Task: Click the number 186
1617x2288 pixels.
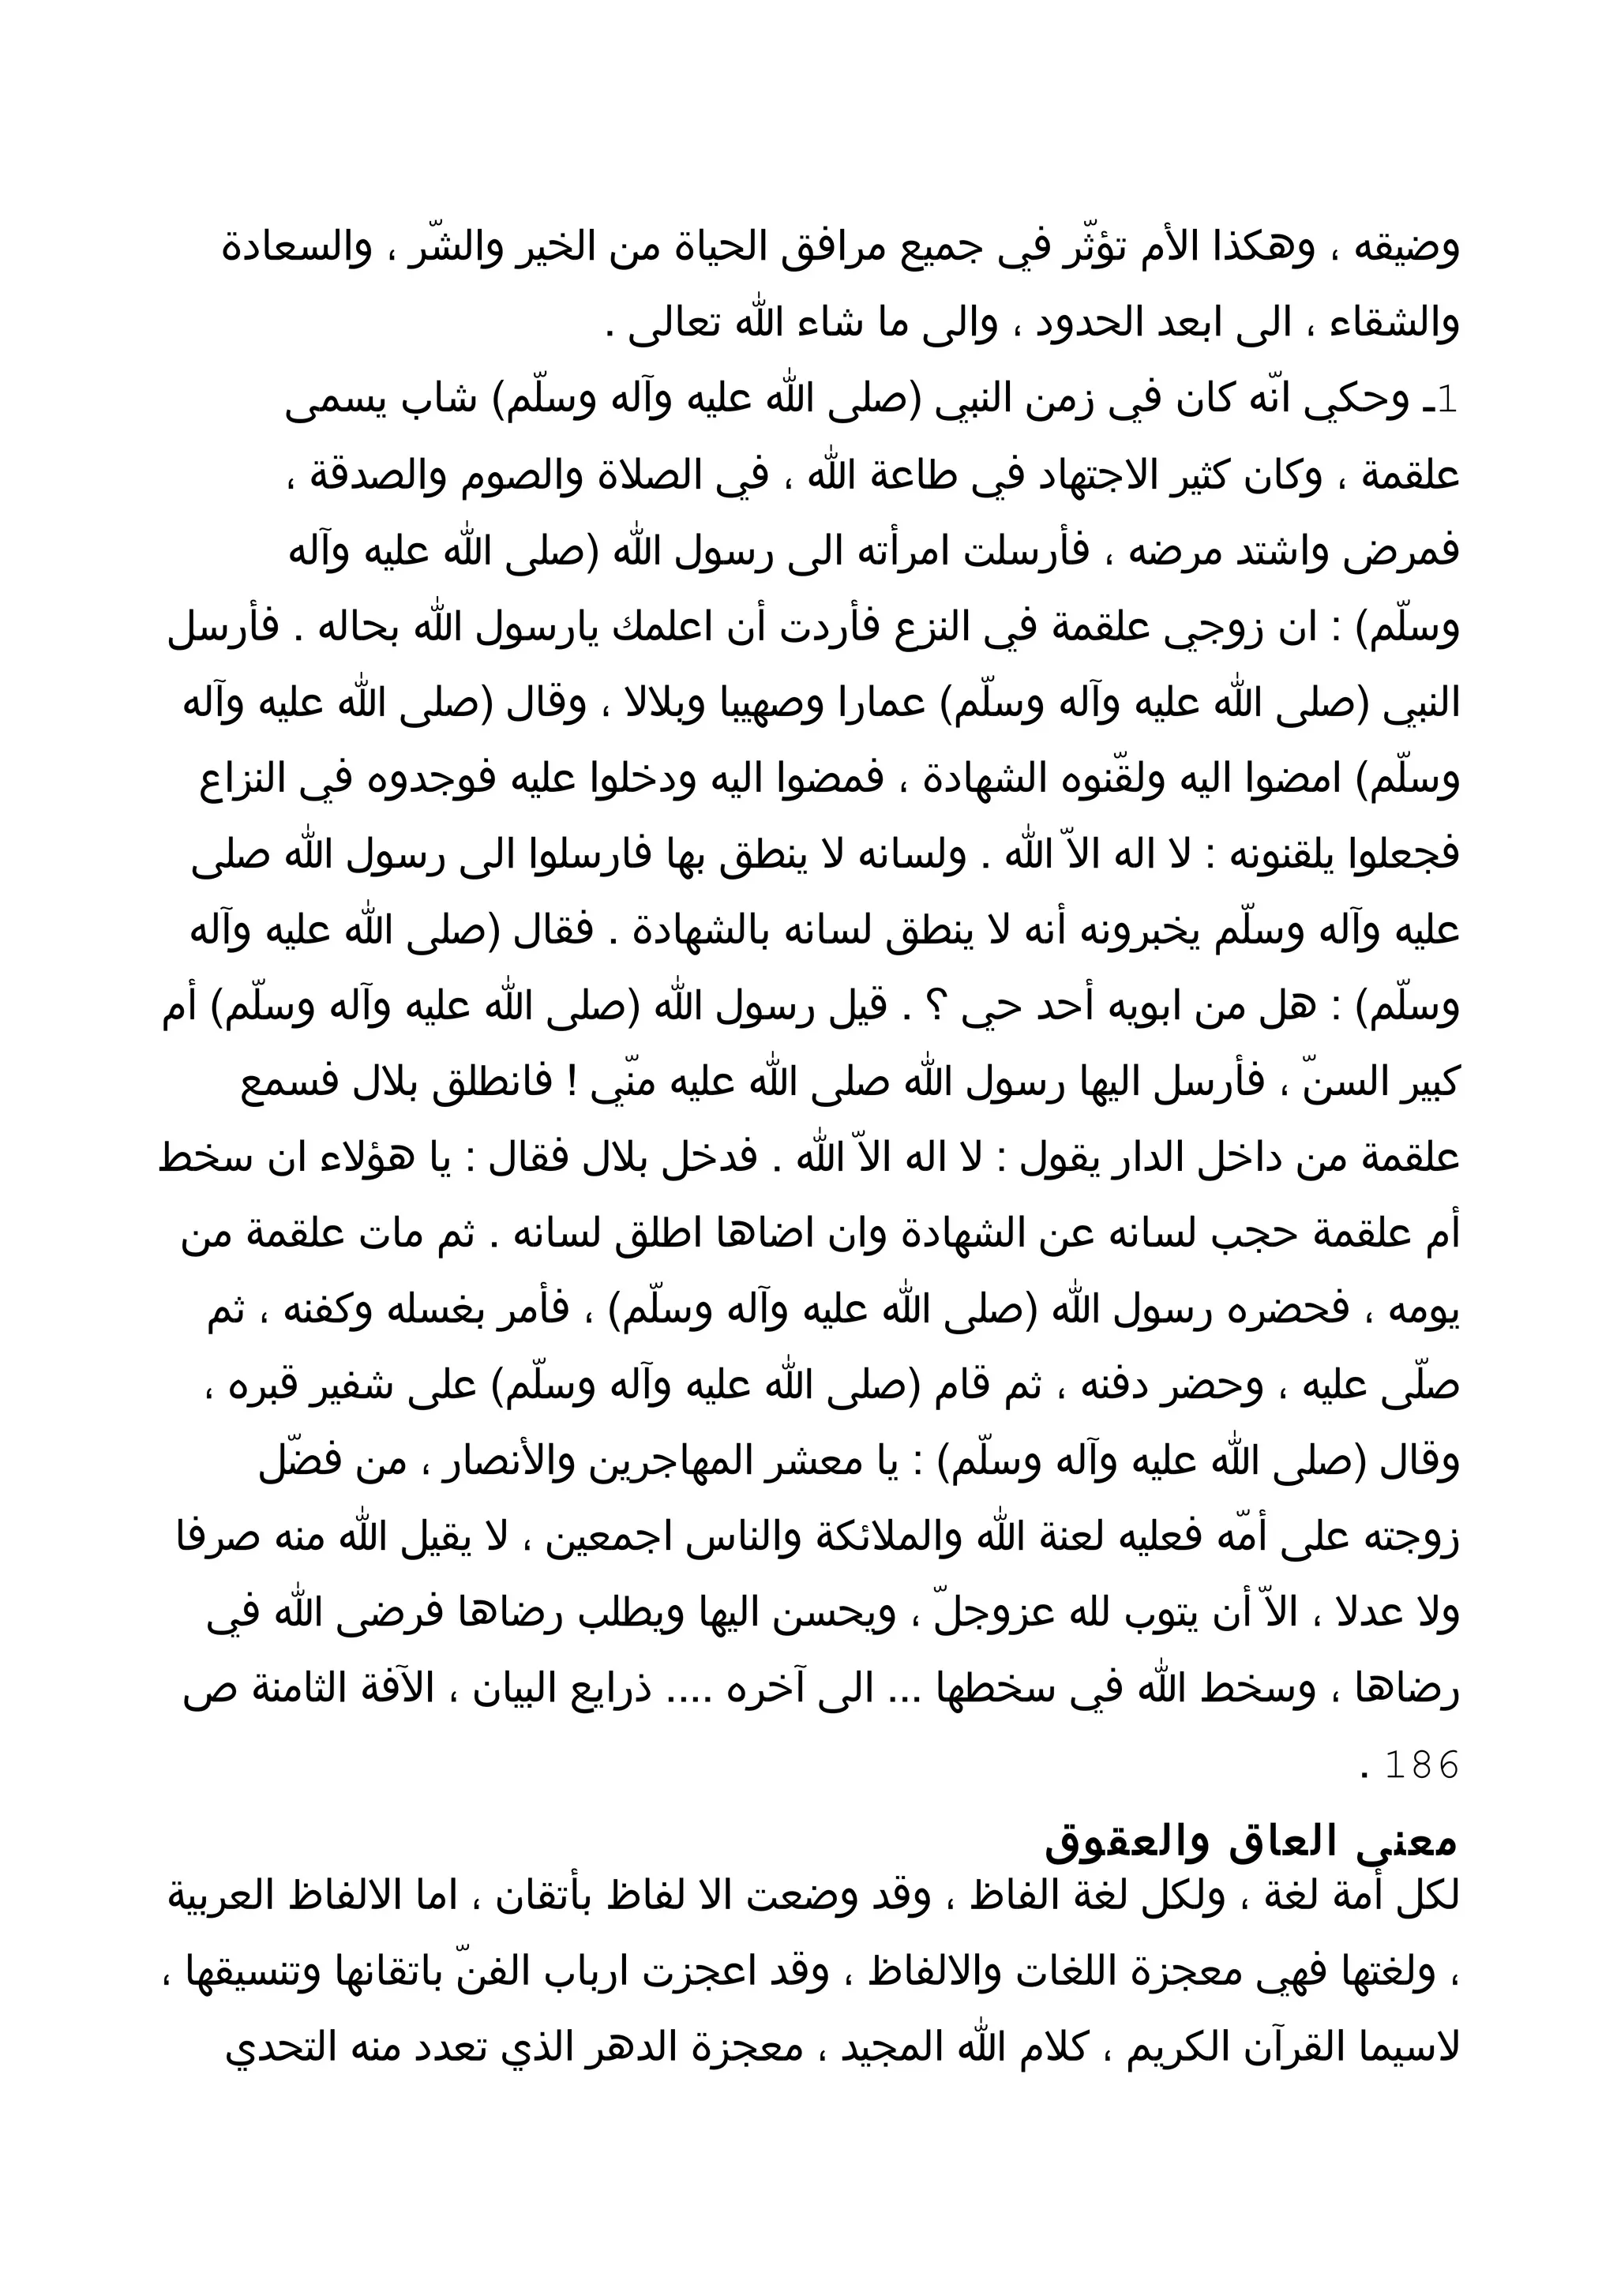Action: click(1422, 1765)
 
